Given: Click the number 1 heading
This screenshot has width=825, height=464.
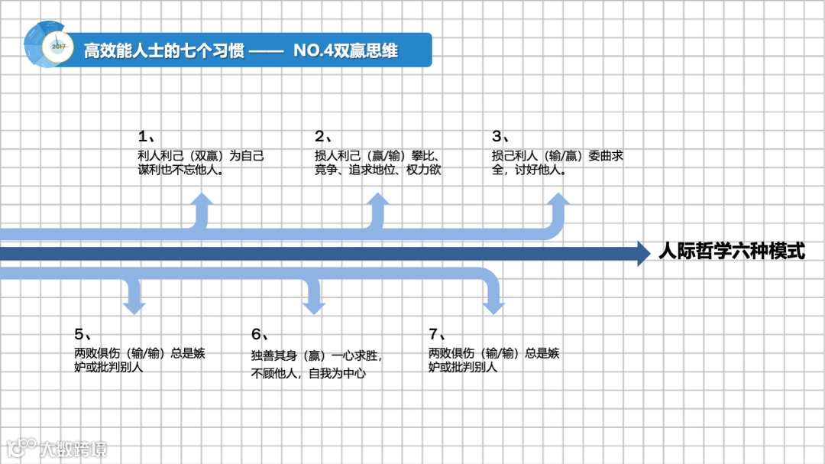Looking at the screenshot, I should click(146, 137).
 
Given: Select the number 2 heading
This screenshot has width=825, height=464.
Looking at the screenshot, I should click(322, 137).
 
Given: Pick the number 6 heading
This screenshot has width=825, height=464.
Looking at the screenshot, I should click(259, 334).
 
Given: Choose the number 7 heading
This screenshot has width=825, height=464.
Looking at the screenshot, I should click(436, 334).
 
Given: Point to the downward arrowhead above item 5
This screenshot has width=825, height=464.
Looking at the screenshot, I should click(134, 306).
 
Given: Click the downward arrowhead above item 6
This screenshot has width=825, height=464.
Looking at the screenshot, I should click(313, 306).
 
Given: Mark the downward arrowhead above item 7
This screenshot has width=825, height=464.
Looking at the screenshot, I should click(493, 306).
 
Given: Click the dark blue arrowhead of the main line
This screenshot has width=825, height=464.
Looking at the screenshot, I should click(643, 253).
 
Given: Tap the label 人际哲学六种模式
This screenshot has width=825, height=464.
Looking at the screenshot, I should click(731, 251).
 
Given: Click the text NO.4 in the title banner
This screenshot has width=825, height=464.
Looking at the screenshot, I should click(312, 51).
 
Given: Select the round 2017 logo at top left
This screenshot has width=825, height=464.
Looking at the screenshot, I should click(53, 45).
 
